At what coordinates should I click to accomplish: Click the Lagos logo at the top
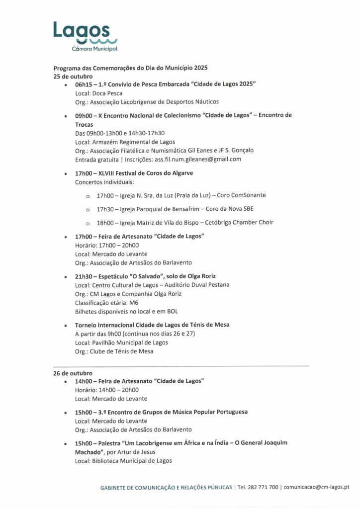pos(85,35)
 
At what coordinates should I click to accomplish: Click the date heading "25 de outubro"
pos(73,77)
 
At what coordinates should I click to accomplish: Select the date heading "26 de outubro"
pos(73,373)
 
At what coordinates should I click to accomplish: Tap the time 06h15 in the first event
pos(84,85)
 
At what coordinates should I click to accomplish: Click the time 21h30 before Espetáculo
pos(84,276)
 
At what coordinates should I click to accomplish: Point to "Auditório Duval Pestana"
pos(195,285)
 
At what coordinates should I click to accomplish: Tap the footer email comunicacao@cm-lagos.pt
pos(316,488)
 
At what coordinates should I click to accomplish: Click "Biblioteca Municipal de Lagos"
pos(132,460)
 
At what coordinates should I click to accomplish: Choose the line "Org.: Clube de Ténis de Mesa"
pos(114,351)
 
